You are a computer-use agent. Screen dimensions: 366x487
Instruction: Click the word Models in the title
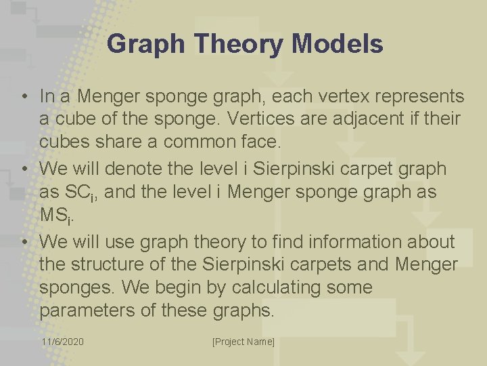click(338, 45)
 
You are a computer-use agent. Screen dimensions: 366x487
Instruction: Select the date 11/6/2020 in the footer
click(63, 342)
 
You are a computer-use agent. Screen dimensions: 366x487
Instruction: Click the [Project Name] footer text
click(243, 342)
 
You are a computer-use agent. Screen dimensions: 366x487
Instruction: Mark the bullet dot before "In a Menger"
click(24, 96)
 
